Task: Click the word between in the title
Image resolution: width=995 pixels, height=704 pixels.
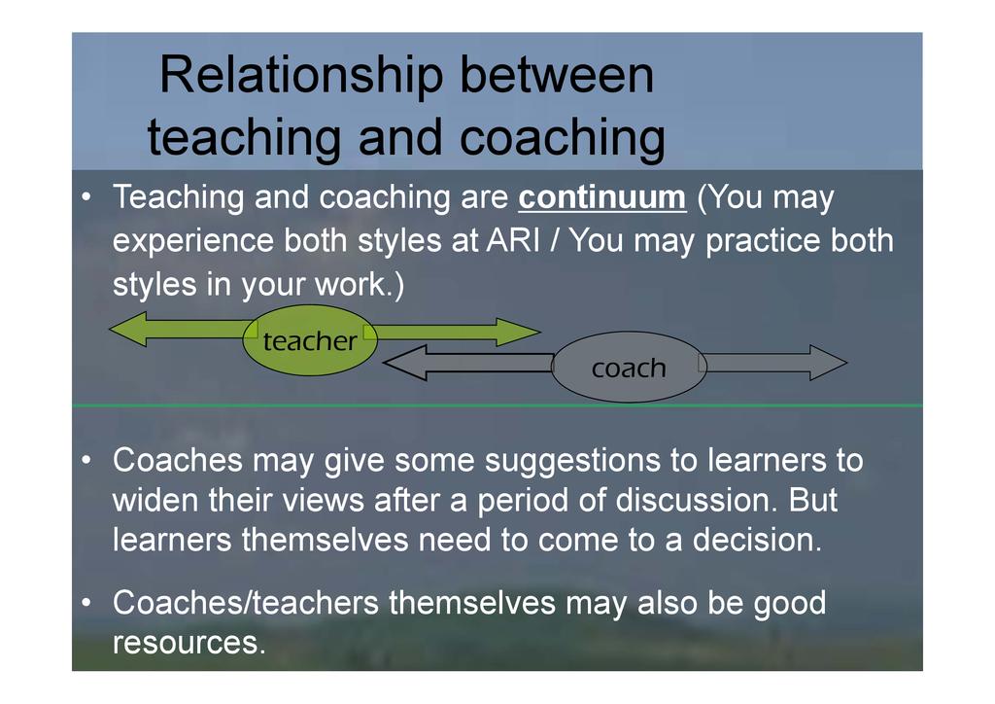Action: pyautogui.click(x=557, y=74)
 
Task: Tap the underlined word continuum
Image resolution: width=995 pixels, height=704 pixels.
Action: pyautogui.click(x=602, y=197)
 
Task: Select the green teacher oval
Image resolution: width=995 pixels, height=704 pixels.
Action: pyautogui.click(x=310, y=340)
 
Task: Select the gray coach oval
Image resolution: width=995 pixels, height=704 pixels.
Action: pyautogui.click(x=629, y=367)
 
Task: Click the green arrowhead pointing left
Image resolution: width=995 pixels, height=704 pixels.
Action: pyautogui.click(x=127, y=329)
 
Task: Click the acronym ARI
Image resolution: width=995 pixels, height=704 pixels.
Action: pyautogui.click(x=513, y=240)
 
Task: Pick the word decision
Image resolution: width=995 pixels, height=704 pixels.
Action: pyautogui.click(x=757, y=541)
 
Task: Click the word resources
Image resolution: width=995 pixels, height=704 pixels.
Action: pyautogui.click(x=189, y=643)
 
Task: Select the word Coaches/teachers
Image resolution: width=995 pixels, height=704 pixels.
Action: pyautogui.click(x=246, y=603)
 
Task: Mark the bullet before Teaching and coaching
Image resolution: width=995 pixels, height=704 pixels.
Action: pyautogui.click(x=86, y=197)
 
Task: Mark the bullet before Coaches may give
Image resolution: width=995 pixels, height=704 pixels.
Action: pyautogui.click(x=86, y=461)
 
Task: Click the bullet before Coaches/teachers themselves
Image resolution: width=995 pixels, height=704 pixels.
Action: pyautogui.click(x=86, y=603)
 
